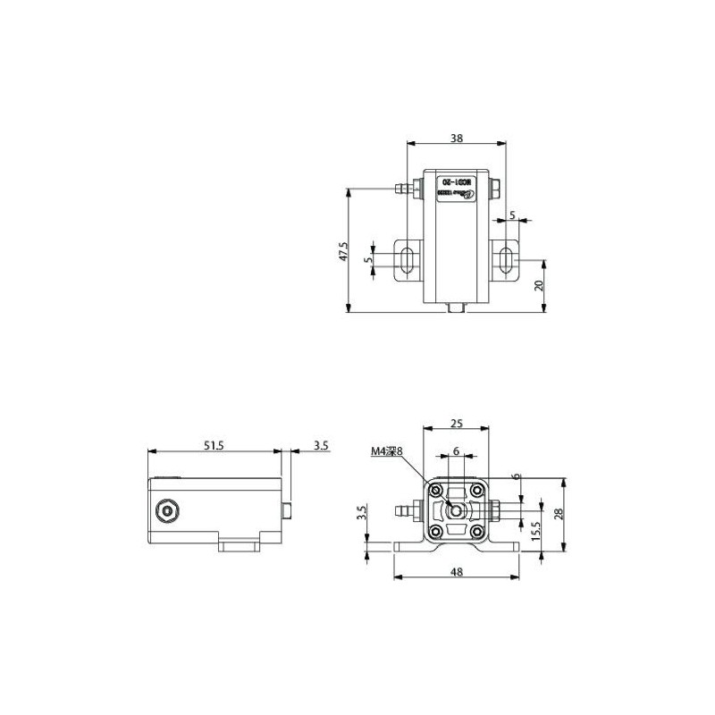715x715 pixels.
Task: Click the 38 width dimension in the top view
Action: point(456,139)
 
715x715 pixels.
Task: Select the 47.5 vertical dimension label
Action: point(342,252)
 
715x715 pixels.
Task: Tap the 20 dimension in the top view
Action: point(539,286)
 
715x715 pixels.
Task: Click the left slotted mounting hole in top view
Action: point(407,261)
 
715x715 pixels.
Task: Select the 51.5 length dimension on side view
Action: point(212,444)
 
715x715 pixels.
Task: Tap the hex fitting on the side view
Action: point(165,511)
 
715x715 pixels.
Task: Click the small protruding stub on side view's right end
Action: point(287,510)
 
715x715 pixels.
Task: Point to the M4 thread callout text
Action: point(387,452)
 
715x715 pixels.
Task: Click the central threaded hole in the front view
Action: point(457,510)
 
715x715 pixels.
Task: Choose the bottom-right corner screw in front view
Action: point(478,533)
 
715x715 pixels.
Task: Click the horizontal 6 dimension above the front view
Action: point(457,452)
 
